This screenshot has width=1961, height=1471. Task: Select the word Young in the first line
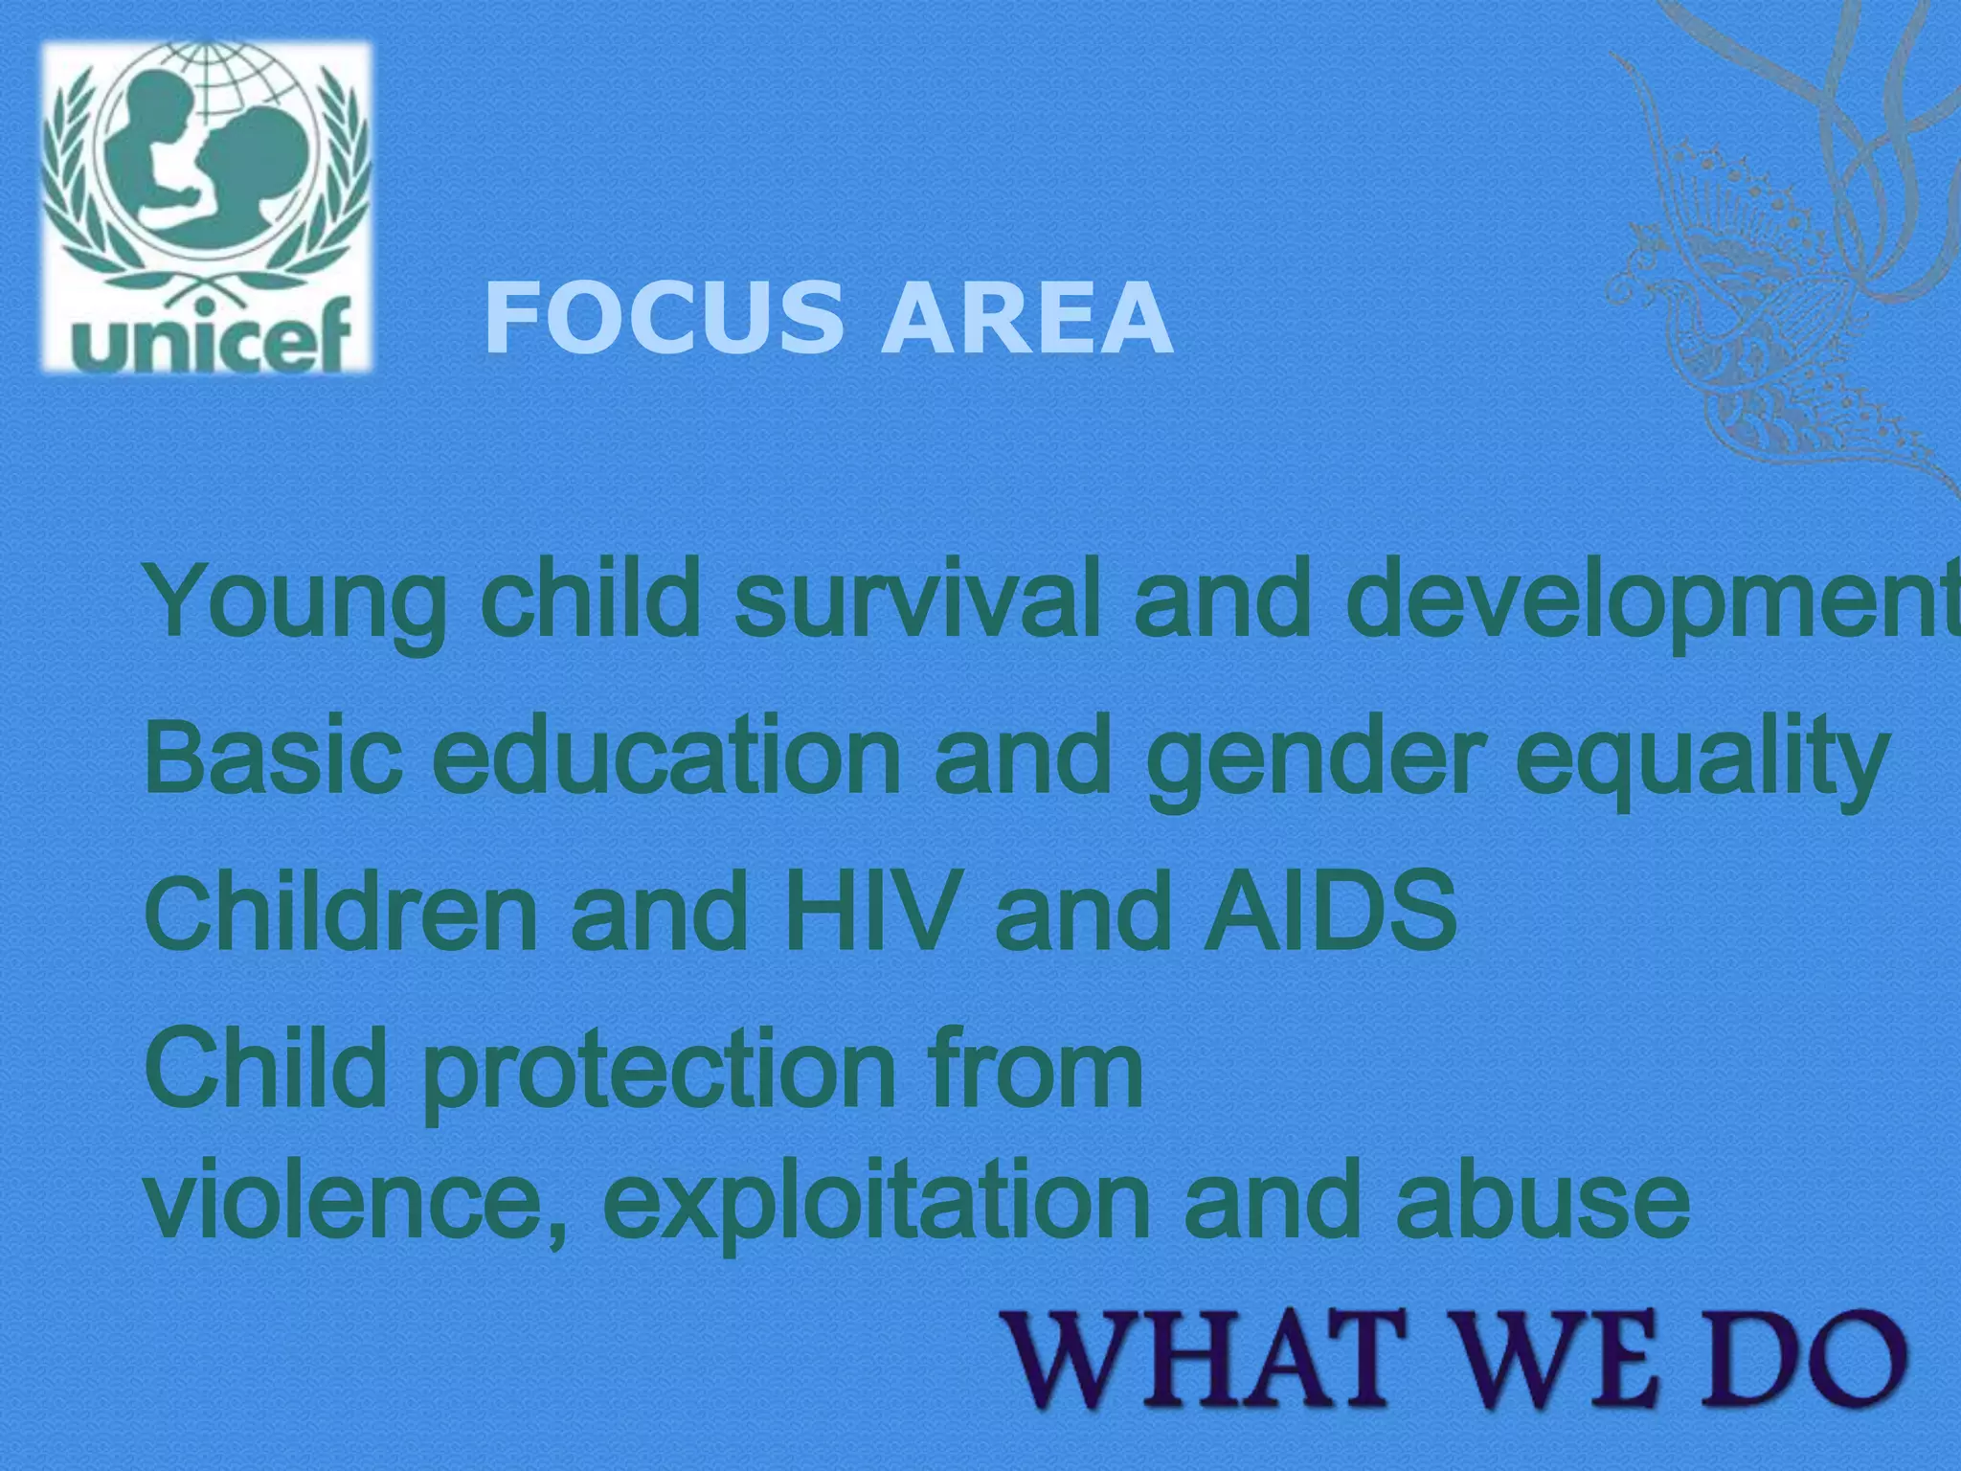pos(296,603)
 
